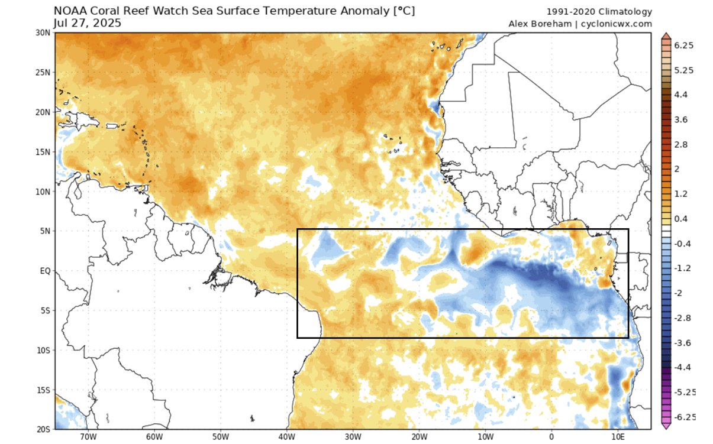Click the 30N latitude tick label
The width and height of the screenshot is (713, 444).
(x=42, y=33)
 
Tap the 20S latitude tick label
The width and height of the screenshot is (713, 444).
(x=42, y=429)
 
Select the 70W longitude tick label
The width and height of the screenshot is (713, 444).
(x=87, y=436)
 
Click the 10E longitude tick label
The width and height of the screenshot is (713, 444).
(x=618, y=436)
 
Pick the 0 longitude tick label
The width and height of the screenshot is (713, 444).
(x=551, y=436)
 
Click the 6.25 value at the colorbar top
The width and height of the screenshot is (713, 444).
(x=684, y=45)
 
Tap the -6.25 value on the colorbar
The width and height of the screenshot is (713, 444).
(x=685, y=417)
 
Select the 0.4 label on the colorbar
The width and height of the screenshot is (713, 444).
(x=680, y=219)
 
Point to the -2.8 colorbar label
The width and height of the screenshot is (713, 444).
(x=682, y=318)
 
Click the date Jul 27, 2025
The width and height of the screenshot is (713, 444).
(x=88, y=23)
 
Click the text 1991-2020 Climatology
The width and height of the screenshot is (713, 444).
(x=599, y=12)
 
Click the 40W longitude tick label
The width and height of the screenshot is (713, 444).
(x=286, y=436)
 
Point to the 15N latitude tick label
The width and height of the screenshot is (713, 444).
(x=42, y=152)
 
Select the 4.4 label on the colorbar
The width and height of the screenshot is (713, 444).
(x=680, y=95)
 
